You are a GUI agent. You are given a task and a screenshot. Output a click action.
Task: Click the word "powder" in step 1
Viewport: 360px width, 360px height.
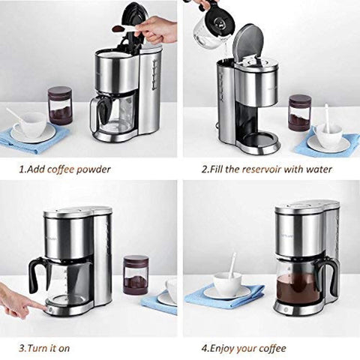93,169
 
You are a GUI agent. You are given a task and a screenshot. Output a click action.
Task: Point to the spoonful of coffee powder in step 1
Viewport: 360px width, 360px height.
118,29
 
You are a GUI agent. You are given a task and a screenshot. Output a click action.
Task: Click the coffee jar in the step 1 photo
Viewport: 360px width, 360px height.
60,105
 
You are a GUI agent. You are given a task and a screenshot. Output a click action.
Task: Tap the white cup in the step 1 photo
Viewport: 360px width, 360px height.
33,124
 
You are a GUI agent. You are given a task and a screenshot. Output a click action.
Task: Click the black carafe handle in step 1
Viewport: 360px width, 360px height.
104,111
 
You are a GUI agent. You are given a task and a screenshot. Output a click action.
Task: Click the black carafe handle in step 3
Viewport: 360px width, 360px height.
34,275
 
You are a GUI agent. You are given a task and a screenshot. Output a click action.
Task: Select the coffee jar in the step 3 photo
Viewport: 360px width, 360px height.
136,274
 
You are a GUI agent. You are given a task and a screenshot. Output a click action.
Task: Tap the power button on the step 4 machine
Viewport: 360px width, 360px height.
286,310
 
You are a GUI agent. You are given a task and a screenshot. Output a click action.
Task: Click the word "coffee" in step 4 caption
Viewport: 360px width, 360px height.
272,348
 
